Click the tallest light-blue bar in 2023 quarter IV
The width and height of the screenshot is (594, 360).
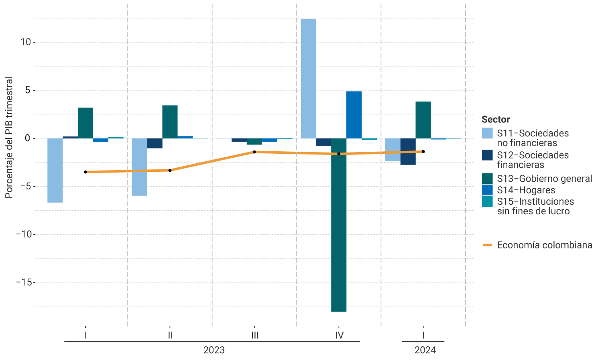coord(308,78)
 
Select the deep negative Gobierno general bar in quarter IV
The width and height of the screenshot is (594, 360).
coord(339,225)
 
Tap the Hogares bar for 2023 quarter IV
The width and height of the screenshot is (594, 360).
coord(354,115)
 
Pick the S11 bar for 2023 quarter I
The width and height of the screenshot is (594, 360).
coord(55,170)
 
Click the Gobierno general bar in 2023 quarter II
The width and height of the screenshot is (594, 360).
coord(170,122)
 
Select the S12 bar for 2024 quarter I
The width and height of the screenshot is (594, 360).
coord(408,151)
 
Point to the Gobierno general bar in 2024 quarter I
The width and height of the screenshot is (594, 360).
coord(423,120)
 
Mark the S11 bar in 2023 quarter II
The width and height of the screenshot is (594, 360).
coord(139,167)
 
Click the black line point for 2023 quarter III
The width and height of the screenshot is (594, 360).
coord(254,152)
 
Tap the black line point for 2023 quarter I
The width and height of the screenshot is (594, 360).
coord(85,172)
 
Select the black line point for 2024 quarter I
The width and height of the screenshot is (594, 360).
coord(423,151)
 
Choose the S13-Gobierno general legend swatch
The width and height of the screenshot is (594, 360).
coord(487,179)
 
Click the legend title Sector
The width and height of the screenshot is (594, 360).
coord(496,119)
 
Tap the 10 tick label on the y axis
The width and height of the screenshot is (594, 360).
coord(26,42)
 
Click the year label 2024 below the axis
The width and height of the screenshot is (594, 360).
coord(425,350)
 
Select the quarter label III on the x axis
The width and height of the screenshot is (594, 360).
coord(255,335)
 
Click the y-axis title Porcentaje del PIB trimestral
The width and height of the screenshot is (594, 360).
coord(9,137)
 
